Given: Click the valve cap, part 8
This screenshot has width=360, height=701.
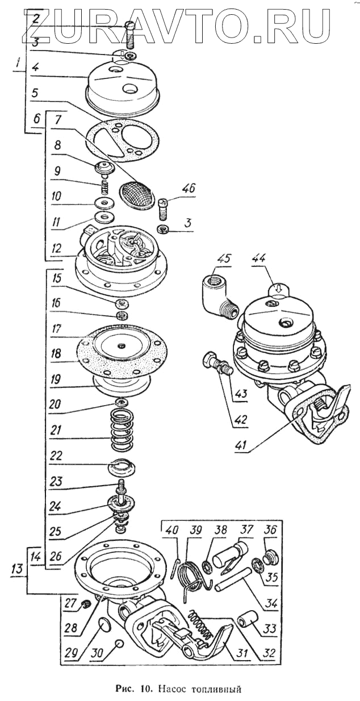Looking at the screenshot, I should pos(104,169).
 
